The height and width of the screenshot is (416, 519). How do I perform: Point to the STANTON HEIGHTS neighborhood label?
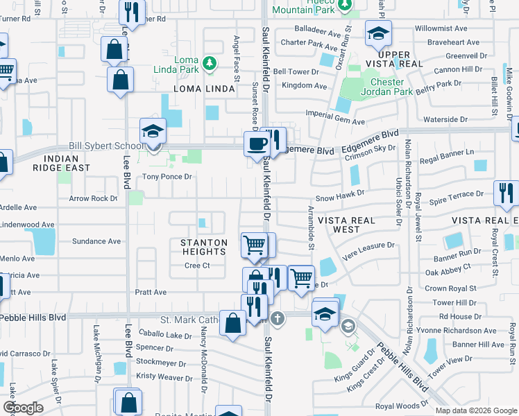(x=204, y=248)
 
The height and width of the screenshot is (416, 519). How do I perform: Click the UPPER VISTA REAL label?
(x=400, y=59)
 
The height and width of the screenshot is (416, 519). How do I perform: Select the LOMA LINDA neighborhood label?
(x=204, y=89)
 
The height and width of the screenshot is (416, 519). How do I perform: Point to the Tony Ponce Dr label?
(x=167, y=177)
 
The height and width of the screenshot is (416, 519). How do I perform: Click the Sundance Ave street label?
(x=96, y=241)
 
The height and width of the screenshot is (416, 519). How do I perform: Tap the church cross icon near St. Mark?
(x=277, y=319)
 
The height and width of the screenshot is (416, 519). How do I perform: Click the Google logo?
(x=23, y=408)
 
